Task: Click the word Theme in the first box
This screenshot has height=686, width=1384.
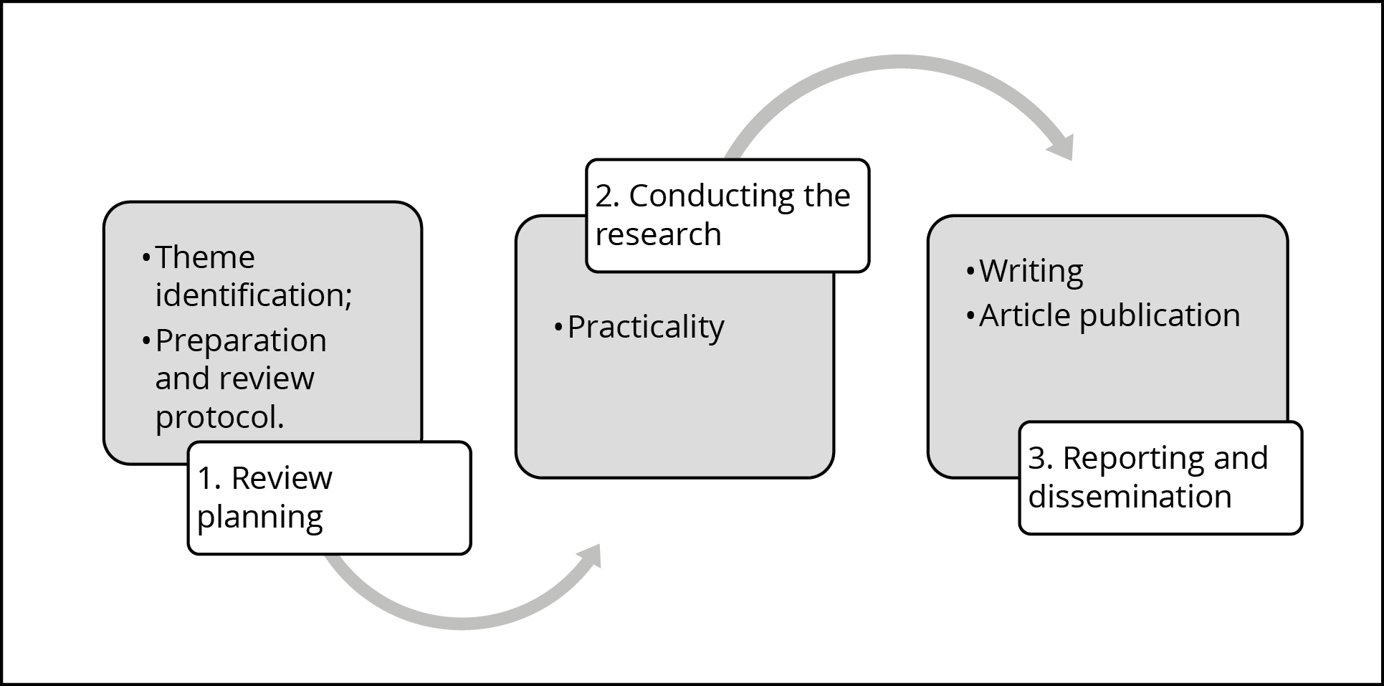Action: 205,257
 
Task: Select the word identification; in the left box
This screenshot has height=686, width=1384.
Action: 254,295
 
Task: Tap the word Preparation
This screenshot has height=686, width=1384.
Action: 241,340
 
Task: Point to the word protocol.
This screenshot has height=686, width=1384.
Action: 219,417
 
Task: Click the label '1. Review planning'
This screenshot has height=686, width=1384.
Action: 329,497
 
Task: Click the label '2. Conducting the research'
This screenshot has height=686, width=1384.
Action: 727,215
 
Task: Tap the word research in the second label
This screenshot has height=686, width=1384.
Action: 658,234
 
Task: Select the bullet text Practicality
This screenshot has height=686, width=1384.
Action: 646,328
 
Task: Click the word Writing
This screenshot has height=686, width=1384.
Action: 1031,271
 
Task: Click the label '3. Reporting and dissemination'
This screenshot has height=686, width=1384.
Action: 1160,477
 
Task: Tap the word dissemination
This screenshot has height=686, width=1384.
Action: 1130,497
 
